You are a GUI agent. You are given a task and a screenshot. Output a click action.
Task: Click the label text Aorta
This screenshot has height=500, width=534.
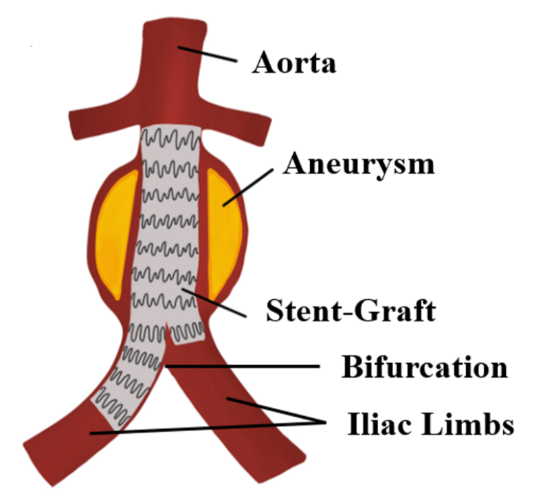point(294,63)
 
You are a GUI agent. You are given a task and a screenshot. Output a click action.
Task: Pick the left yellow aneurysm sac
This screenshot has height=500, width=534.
point(118,230)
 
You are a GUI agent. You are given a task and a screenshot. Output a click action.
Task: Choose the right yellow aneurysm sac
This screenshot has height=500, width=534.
point(224,230)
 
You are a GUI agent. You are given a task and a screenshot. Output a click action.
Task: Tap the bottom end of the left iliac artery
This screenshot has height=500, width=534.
point(45,450)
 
